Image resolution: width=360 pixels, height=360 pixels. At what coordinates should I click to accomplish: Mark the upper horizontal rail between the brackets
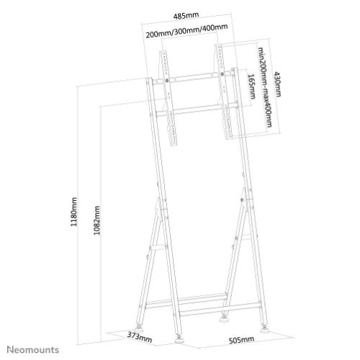(194, 76)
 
